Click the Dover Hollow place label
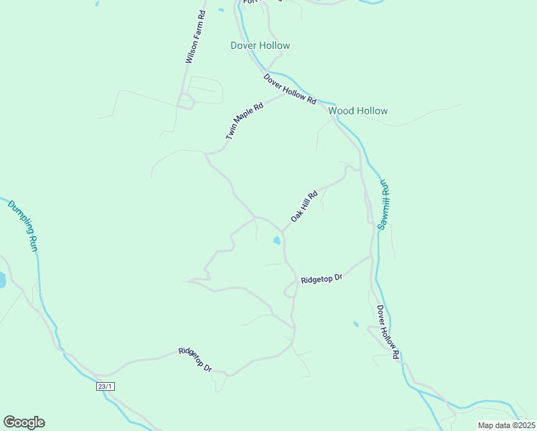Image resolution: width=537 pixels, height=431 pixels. point(260,45)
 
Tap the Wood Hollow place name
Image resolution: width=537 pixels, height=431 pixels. point(358,111)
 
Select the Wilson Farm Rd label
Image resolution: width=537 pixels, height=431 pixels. point(195,37)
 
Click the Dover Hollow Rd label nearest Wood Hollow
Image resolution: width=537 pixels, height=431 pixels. point(290,89)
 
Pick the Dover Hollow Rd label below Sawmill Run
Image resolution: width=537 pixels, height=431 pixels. point(388,331)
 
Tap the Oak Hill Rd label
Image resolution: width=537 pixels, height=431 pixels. point(304,205)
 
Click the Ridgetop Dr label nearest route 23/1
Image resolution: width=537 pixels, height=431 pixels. point(195,360)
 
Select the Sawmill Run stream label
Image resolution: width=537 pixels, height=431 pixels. point(383,205)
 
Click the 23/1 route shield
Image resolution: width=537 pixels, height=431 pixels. point(106,386)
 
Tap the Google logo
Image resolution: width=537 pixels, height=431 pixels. point(24,422)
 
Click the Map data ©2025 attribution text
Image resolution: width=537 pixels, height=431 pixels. point(505,425)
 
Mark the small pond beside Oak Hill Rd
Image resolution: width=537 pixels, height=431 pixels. point(276,241)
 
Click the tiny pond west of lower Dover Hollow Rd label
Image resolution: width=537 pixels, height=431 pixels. point(355,324)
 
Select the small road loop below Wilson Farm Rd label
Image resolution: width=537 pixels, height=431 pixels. point(187,102)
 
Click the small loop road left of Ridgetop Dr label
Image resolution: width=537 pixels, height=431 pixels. point(290,289)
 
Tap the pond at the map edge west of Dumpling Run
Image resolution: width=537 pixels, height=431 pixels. point(1,279)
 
